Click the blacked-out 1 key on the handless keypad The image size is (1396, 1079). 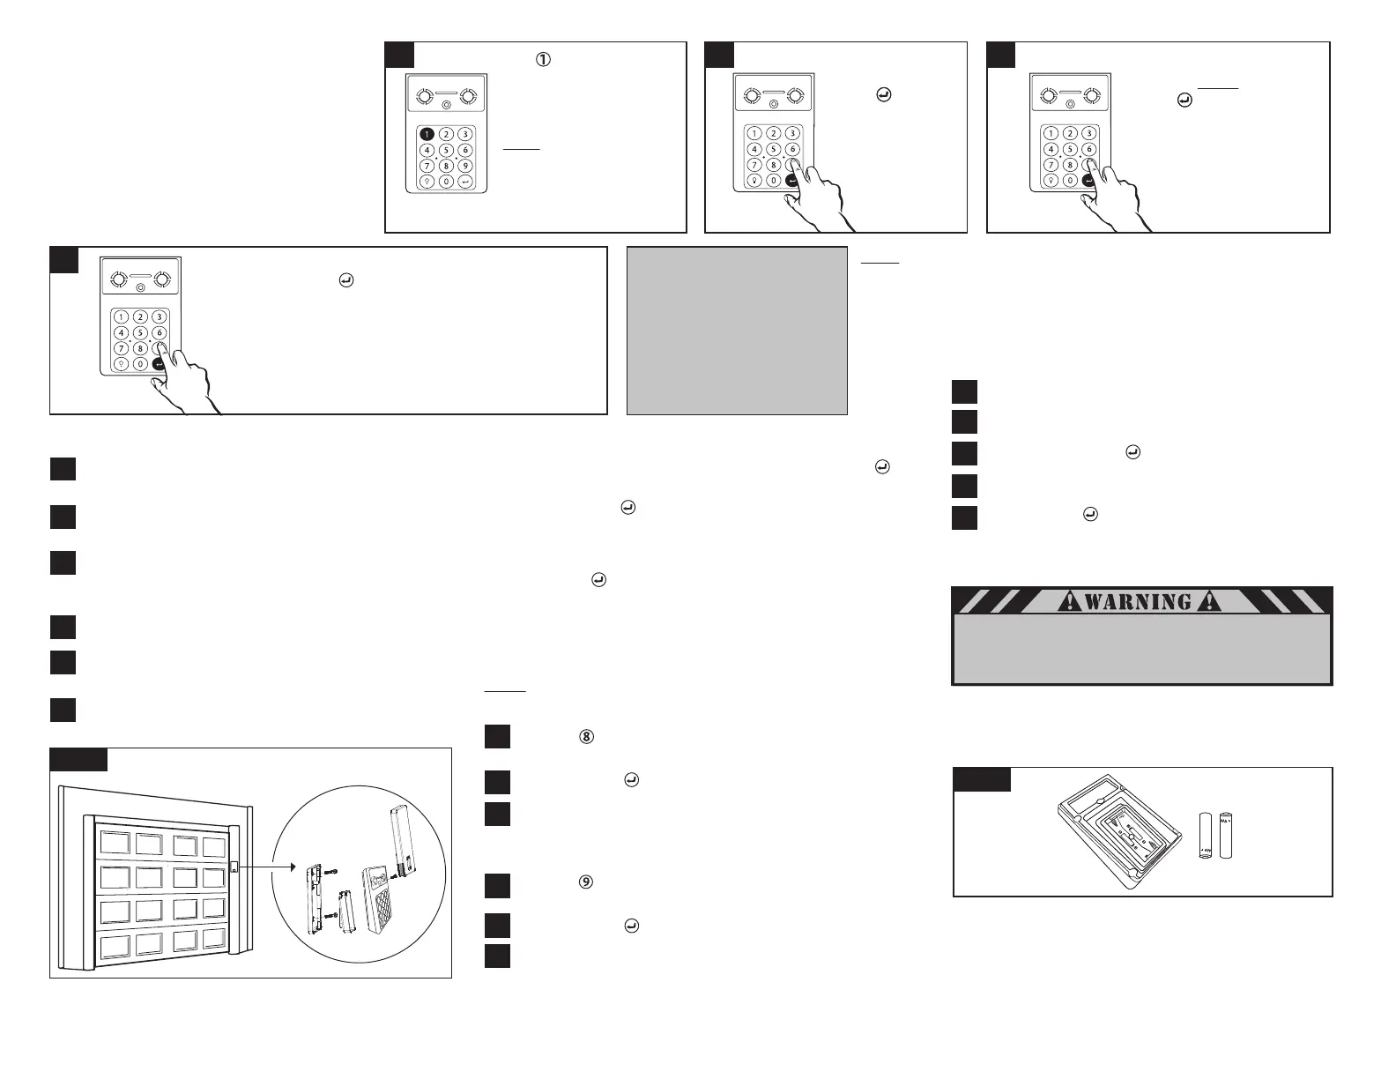point(427,134)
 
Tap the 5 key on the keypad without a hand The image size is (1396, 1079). point(447,150)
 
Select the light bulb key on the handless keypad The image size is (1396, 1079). point(427,182)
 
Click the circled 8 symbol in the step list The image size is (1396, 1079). point(585,737)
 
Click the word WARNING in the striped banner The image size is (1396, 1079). point(1139,602)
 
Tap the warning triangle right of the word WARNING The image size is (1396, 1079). point(1209,602)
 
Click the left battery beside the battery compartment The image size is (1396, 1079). point(1207,836)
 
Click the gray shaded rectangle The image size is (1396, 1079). point(737,331)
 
